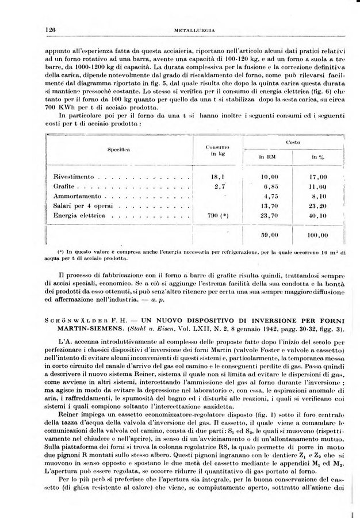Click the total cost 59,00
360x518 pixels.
[269, 235]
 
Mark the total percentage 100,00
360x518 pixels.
[316, 235]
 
